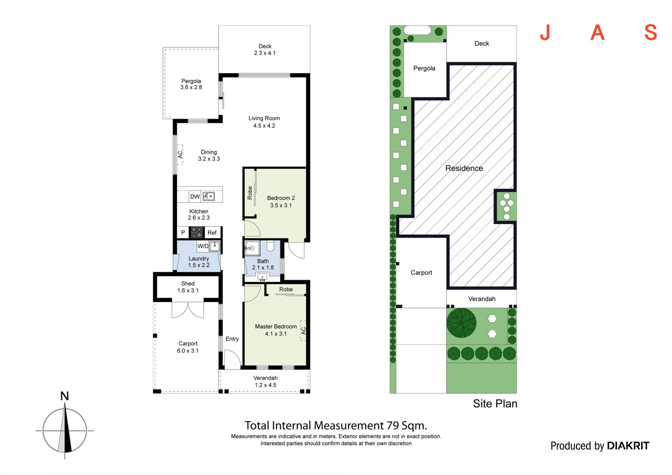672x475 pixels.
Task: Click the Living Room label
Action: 264,118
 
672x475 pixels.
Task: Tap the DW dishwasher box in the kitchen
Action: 195,197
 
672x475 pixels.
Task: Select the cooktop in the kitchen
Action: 196,232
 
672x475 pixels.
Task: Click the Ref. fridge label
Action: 212,233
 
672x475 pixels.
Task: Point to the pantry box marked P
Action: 183,232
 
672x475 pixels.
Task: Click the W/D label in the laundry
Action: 203,246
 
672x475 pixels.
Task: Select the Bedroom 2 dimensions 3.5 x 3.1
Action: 281,205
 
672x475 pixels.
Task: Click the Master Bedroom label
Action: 276,327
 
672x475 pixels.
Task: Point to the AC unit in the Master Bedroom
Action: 303,330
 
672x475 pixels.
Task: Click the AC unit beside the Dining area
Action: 180,154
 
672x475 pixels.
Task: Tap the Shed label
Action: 188,284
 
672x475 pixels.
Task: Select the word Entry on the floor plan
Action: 232,339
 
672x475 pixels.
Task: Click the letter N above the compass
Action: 64,396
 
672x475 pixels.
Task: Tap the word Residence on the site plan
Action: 464,168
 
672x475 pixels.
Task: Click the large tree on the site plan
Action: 461,323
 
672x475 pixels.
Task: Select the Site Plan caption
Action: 495,404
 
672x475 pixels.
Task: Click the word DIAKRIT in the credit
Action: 628,446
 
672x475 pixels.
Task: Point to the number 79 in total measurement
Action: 393,425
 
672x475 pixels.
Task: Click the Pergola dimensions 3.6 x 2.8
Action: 191,87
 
